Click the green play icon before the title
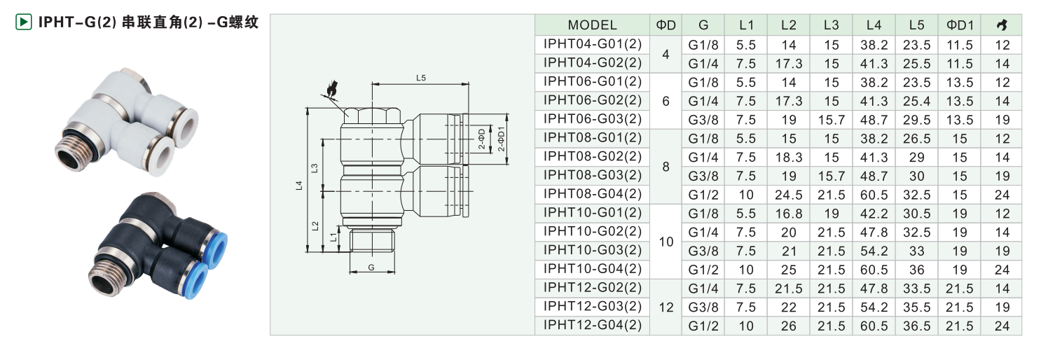23,22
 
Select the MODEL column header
592,25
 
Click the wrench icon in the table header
1002,25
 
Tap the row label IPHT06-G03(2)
592,119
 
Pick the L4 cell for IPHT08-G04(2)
874,195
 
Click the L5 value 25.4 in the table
916,101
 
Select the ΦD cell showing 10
666,242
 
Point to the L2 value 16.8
788,214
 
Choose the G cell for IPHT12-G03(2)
703,307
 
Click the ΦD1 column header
960,25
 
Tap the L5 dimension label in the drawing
420,78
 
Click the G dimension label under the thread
371,267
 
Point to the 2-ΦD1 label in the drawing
501,139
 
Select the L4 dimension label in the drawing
299,186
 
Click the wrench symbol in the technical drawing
331,89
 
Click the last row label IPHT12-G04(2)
592,325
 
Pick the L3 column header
831,25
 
